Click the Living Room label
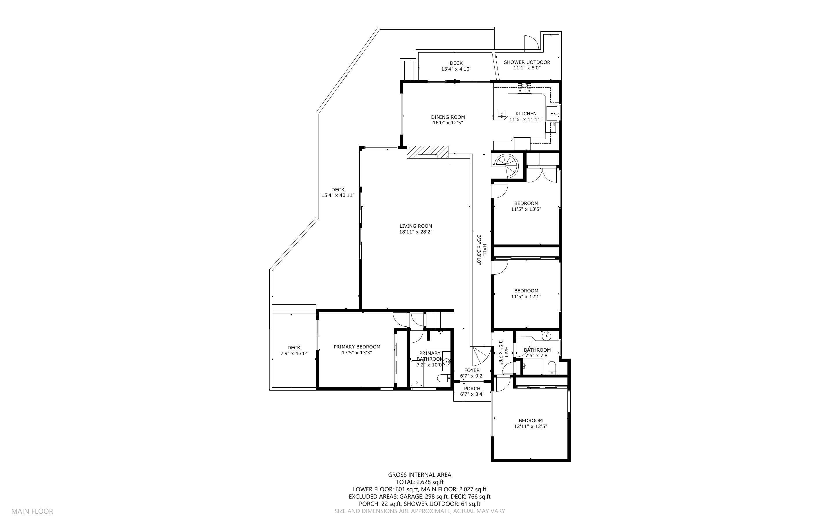415,226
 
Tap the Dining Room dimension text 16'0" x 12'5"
448,123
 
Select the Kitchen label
526,114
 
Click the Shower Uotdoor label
527,62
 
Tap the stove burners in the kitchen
524,88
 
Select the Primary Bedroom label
357,346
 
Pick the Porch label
472,389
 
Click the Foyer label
472,370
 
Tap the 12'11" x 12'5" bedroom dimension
530,426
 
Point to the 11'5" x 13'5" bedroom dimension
526,209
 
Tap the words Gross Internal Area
419,475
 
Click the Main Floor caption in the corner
32,511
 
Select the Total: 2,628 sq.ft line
419,482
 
